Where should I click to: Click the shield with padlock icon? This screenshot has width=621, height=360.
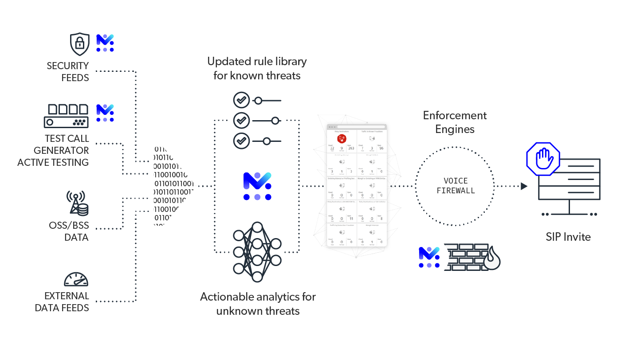79,43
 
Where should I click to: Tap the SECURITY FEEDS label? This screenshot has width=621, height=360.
68,71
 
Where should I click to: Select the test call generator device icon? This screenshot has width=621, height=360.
66,116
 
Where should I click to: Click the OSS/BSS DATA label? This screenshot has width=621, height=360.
69,231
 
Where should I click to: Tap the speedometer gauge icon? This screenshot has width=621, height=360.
76,279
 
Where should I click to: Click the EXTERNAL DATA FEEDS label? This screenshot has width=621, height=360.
62,301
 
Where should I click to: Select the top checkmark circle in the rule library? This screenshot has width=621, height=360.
242,100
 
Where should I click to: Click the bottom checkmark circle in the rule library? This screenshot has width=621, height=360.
242,141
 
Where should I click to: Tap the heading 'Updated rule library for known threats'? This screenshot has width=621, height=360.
257,68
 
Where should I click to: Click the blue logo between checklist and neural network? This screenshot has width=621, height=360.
257,186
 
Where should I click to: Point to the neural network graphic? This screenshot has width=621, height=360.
257,252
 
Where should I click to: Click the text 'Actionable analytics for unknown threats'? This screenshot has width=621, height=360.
258,303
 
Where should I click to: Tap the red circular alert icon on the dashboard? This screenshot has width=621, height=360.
342,139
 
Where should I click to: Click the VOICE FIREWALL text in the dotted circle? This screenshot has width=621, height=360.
456,186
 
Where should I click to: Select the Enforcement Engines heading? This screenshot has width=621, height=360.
455,122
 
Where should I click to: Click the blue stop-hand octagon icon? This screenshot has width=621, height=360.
543,159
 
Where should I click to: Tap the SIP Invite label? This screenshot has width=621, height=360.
568,237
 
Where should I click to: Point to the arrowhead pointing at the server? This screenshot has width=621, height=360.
524,186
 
